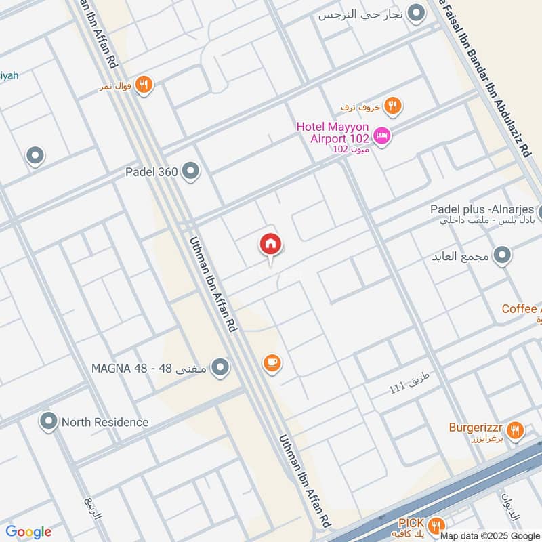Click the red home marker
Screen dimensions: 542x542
pos(270,245)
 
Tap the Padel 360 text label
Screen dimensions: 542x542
pos(151,172)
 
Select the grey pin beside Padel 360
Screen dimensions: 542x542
pos(191,171)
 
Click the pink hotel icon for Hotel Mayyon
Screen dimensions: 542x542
pos(382,136)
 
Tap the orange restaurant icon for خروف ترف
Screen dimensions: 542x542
pos(392,106)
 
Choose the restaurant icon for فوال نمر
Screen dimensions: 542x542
pos(143,85)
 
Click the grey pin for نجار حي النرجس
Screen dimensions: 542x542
pos(417,13)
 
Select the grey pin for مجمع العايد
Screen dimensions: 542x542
pos(502,255)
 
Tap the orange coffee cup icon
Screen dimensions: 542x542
pos(272,363)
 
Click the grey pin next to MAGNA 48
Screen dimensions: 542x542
pos(220,369)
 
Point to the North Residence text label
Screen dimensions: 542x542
pos(105,422)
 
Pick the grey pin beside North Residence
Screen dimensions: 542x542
pos(48,421)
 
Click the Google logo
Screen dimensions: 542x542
pos(29,532)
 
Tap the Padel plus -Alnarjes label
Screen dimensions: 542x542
pos(482,209)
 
